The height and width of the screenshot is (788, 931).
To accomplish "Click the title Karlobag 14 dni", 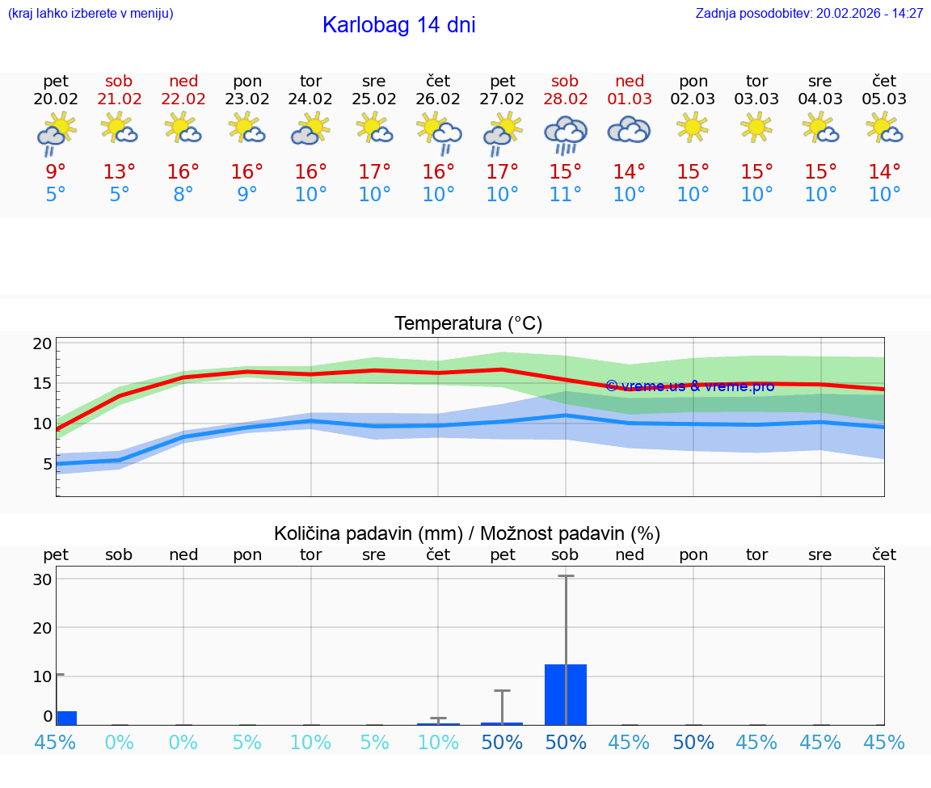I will tap(398, 25).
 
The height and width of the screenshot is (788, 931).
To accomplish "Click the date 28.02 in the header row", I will tap(565, 99).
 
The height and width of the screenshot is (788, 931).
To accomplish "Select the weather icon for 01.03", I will tap(629, 129).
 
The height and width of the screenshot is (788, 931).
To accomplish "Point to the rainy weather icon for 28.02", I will tap(565, 133).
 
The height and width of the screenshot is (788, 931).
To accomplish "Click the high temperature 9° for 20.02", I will tap(56, 172).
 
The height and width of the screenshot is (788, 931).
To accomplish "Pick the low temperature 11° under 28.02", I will tap(565, 195).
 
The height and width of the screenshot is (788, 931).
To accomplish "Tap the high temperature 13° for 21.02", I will tap(119, 172).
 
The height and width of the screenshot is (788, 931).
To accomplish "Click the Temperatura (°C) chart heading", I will tap(468, 324).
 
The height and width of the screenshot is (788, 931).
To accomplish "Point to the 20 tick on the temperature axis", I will tap(42, 343).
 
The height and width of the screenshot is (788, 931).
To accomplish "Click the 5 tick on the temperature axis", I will tap(47, 463).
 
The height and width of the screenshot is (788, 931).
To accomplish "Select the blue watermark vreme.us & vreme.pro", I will tap(689, 386).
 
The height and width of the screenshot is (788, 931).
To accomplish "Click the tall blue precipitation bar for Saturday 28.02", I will tap(565, 694).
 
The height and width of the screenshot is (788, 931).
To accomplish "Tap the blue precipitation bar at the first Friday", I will tap(66, 718).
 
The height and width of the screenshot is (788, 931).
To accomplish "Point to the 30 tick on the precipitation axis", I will tap(42, 579).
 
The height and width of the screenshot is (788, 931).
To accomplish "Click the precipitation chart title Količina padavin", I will tap(467, 533).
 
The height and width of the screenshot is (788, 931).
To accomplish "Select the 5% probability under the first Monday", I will tap(247, 742).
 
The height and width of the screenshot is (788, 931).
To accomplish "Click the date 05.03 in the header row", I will tap(884, 99).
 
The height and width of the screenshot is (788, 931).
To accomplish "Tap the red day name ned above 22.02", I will tap(183, 81).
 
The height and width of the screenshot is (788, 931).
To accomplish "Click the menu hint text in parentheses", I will tap(90, 14).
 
